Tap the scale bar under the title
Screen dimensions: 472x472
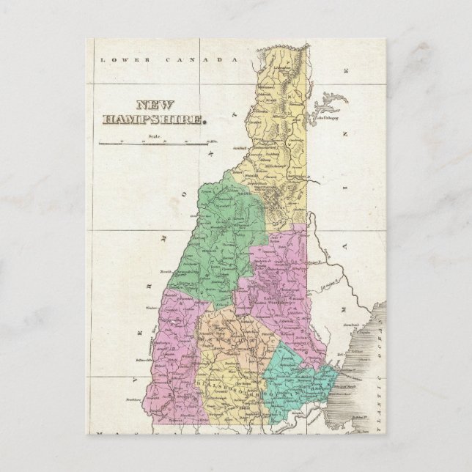point(154,142)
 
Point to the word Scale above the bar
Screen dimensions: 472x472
point(153,136)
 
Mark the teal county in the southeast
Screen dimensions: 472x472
point(300,385)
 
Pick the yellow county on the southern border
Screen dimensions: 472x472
point(227,388)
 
